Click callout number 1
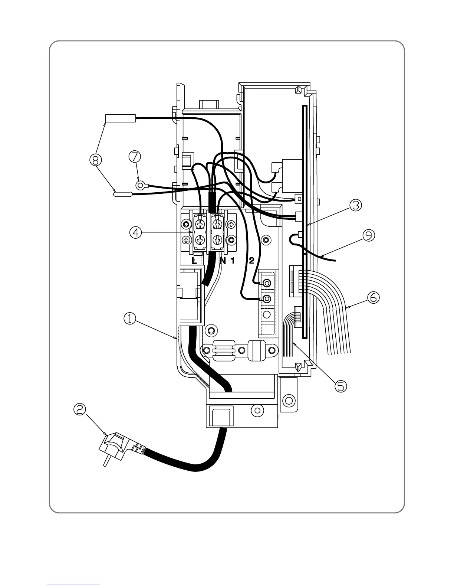pos(129,318)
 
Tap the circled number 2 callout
pos(80,410)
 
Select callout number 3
pos(355,205)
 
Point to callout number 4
pos(135,233)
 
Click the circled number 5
pos(340,386)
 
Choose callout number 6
pos(373,297)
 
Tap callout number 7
pos(135,156)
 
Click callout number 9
pos(369,236)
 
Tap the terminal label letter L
pos(194,261)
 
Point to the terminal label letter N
pos(223,261)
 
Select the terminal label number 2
pos(251,261)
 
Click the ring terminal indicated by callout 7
pos(140,184)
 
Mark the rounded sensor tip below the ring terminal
pos(122,193)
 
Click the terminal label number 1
pos(233,261)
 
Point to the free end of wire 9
pos(335,261)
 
